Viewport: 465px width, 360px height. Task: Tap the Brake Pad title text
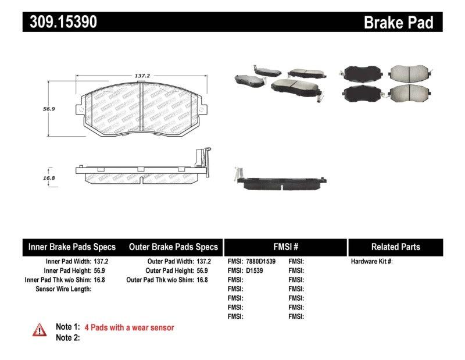point(398,22)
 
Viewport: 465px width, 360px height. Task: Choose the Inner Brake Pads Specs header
point(72,247)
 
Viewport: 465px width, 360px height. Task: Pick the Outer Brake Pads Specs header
point(173,247)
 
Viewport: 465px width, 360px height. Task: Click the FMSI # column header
point(285,247)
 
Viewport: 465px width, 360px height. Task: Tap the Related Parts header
point(395,247)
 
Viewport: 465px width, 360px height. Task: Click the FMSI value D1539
point(254,270)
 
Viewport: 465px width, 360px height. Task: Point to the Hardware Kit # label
point(371,262)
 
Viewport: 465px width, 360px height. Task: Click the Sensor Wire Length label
point(63,288)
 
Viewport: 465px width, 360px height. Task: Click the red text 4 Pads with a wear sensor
point(129,327)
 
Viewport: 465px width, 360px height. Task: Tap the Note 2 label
point(67,337)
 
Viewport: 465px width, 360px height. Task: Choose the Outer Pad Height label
point(170,270)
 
